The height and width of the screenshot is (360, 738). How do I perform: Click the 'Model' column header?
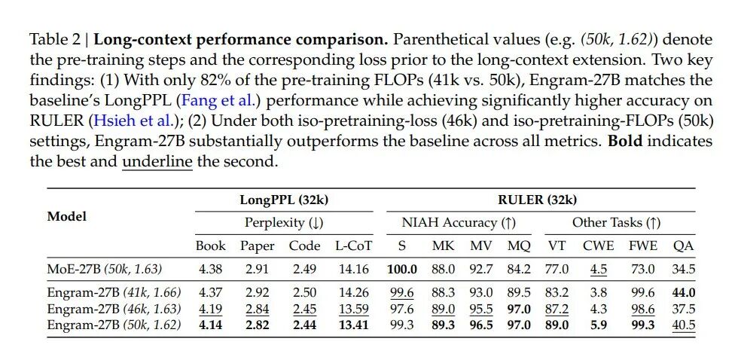coord(67,216)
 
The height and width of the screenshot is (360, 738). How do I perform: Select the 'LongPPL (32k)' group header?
coord(284,200)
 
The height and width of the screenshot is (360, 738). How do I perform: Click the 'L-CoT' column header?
coord(353,246)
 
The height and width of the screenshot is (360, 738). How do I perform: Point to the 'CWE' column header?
coord(599,246)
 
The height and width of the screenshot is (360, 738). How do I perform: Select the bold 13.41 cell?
coord(354,325)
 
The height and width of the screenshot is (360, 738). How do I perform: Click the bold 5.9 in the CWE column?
coord(599,325)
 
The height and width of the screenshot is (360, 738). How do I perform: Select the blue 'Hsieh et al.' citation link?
coord(129,119)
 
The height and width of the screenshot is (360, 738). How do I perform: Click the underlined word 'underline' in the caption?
coord(157,160)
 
